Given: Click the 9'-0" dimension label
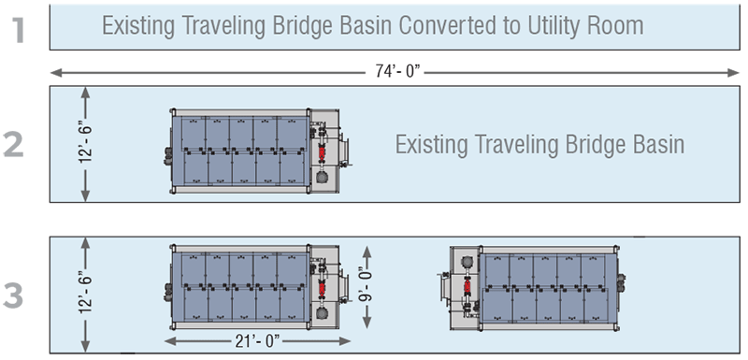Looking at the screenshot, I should [x=367, y=291].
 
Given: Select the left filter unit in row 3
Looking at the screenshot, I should [x=257, y=286].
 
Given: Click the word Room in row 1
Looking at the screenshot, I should [x=617, y=24].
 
